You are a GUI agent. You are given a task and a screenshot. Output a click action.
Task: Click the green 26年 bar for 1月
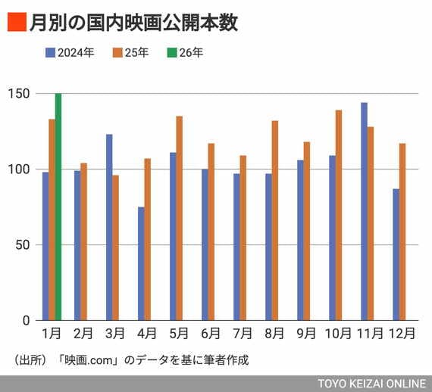tap(58, 207)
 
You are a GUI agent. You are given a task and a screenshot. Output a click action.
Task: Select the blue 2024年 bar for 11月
tap(364, 211)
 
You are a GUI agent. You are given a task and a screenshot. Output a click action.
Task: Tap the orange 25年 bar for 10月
tap(338, 215)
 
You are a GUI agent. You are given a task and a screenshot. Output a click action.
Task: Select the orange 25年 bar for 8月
tap(274, 220)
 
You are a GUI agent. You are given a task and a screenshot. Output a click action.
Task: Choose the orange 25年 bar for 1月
tap(52, 219)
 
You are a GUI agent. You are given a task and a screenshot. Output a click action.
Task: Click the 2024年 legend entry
tap(70, 53)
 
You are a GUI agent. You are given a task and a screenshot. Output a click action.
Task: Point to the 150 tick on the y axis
tap(20, 94)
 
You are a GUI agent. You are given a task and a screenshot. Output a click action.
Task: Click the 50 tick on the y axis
tap(23, 245)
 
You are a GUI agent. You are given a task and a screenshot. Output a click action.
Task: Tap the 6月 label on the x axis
tap(210, 333)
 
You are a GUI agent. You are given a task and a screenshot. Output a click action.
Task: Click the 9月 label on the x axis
tap(305, 333)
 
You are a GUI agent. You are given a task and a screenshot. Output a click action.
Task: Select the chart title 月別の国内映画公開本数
tap(133, 23)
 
